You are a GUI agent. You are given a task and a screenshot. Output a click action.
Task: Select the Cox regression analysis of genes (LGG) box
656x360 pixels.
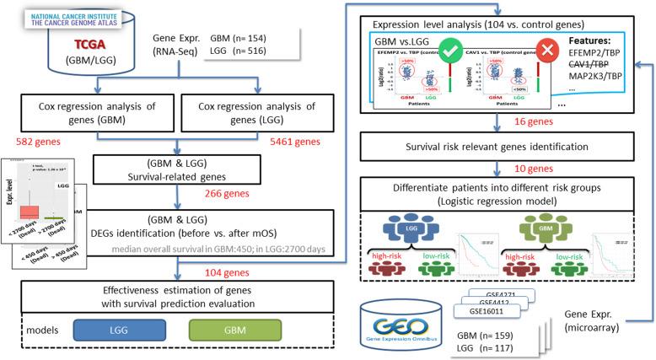point(260,116)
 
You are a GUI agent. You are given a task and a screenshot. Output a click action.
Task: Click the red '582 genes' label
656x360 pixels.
point(30,146)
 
